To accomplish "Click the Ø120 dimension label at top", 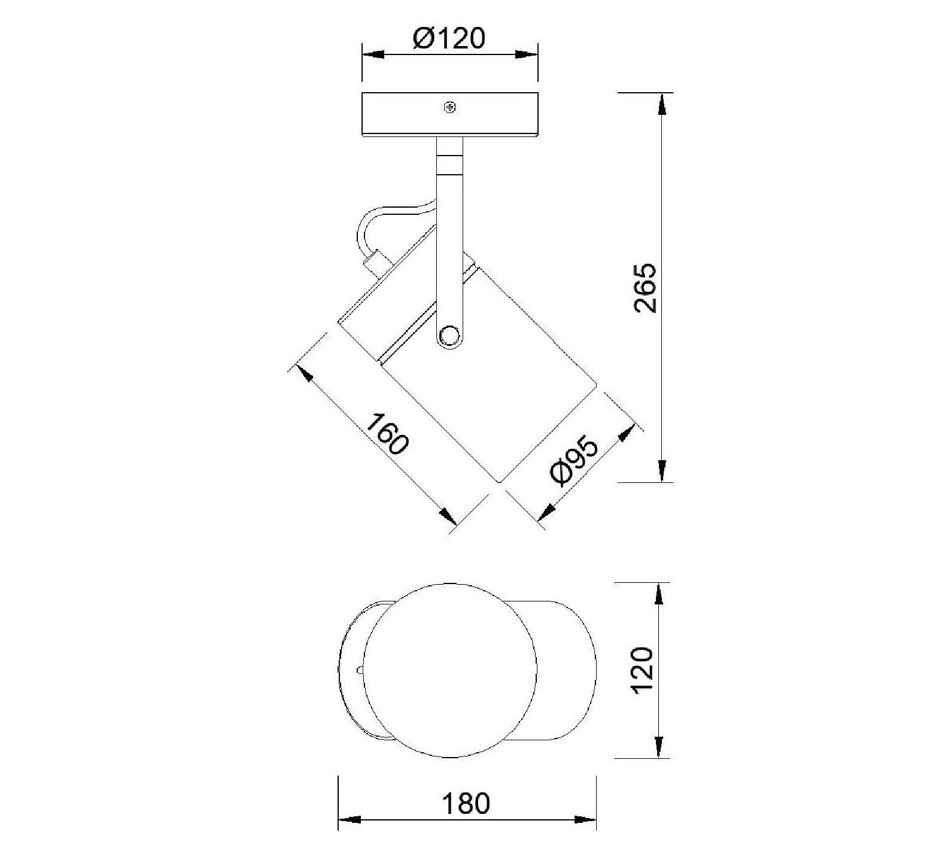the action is tap(449, 39).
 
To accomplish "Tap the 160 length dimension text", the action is tap(387, 434).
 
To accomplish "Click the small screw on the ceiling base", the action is tap(450, 108).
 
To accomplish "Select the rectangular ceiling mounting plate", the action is tap(450, 115).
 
